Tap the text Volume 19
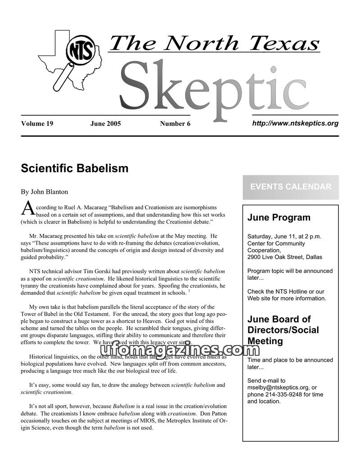[37, 124]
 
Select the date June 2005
[106, 124]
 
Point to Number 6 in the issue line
[175, 124]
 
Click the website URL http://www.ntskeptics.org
[295, 123]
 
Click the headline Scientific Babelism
[75, 169]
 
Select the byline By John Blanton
[45, 192]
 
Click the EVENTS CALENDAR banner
[291, 187]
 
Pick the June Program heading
[279, 218]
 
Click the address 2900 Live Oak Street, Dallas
[285, 257]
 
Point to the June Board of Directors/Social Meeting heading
[283, 330]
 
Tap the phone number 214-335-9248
[287, 394]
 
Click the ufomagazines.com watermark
[171, 350]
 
